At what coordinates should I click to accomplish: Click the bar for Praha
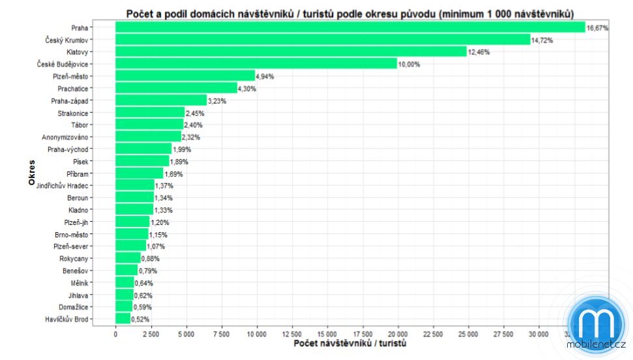[x=350, y=27]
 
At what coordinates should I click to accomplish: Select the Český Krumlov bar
[x=323, y=40]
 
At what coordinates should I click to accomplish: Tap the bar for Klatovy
[x=291, y=52]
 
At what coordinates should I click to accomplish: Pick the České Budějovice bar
[x=256, y=64]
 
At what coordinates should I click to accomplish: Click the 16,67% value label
[x=597, y=28]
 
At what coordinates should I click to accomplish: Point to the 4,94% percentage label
[x=265, y=76]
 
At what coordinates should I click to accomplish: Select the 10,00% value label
[x=409, y=64]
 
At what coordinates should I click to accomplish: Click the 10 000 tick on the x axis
[x=256, y=334]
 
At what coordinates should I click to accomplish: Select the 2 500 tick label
[x=150, y=334]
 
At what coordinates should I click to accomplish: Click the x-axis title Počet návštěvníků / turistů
[x=350, y=344]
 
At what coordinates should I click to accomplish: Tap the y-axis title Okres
[x=31, y=173]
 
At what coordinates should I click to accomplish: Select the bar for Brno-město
[x=132, y=234]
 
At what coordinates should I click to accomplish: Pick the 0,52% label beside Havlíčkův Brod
[x=140, y=320]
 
